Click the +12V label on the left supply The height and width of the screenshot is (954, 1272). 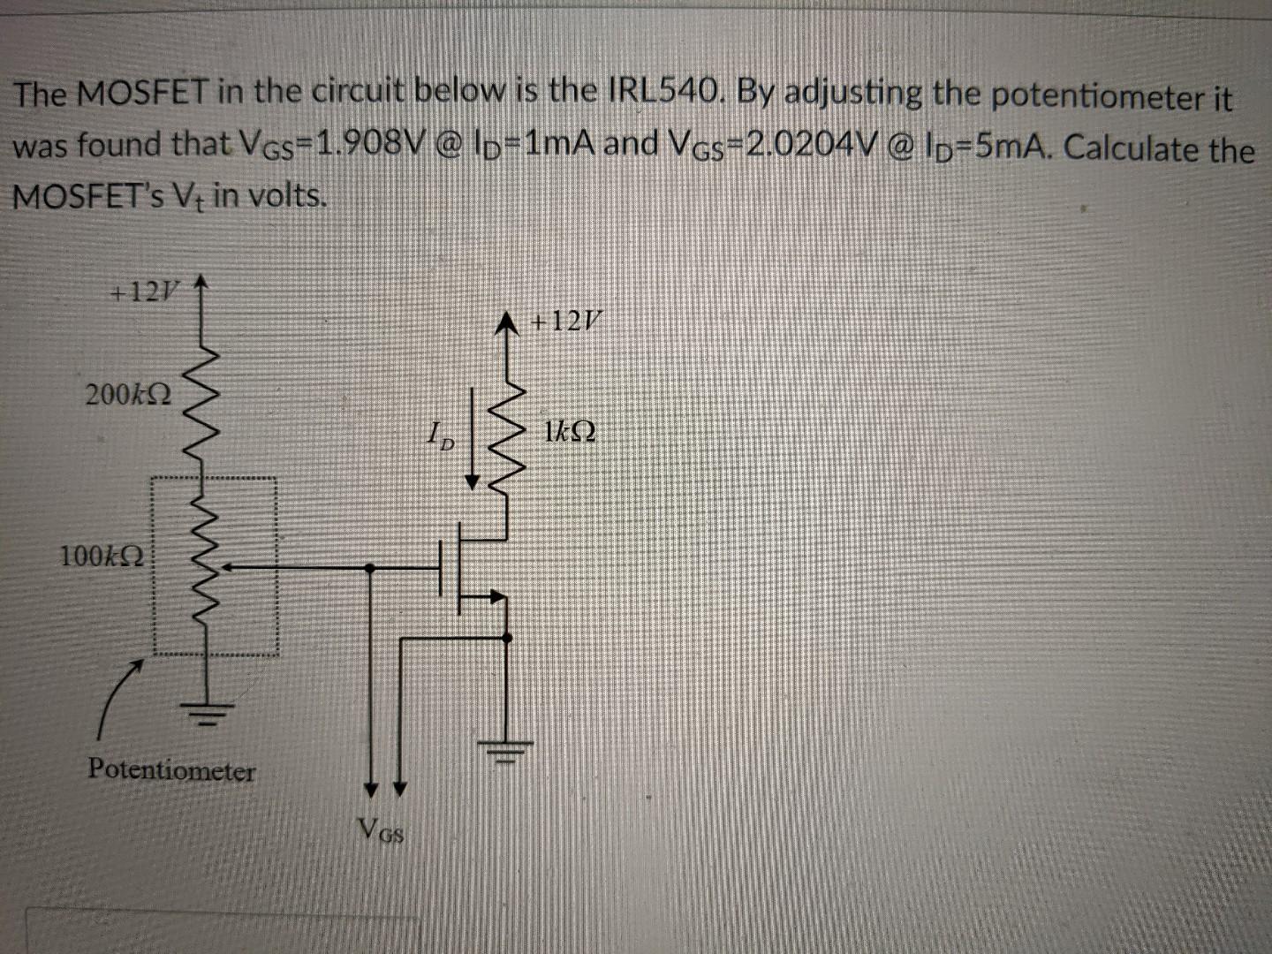coord(142,291)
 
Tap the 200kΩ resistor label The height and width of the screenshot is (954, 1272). coord(129,393)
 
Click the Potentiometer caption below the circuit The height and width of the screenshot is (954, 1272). coord(170,770)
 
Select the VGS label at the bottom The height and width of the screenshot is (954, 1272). coord(382,829)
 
